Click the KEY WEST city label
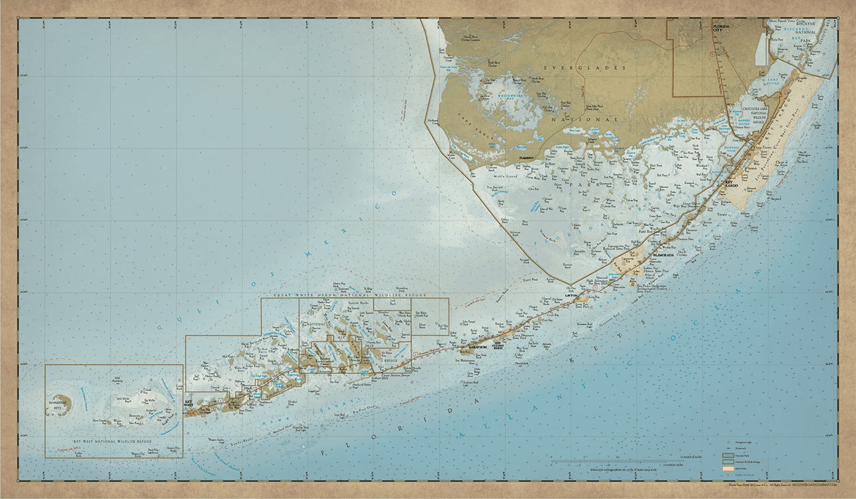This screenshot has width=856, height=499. coord(188,403)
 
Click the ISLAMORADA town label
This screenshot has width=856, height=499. coord(663,255)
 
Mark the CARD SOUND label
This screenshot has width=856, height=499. coord(772,83)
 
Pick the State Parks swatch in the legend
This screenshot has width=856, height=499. coord(728,469)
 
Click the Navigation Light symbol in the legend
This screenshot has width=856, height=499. coord(728,441)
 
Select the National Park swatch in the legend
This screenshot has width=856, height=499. coord(728,456)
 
